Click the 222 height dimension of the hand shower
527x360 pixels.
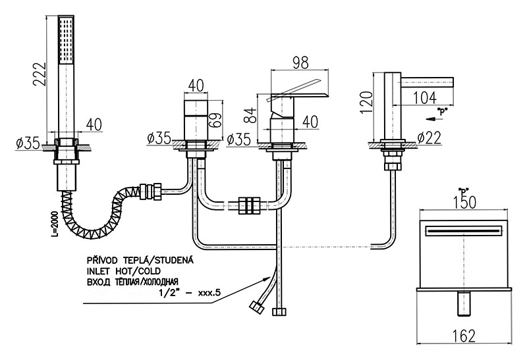(x=40, y=77)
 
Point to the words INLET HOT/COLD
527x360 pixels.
(x=123, y=270)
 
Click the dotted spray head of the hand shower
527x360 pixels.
(x=67, y=39)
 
